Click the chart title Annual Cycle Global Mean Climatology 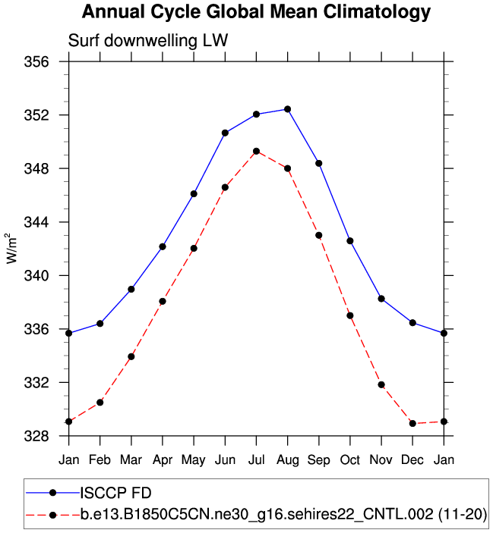pyautogui.click(x=256, y=13)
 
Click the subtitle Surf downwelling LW pyautogui.click(x=148, y=40)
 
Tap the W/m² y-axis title pyautogui.click(x=12, y=249)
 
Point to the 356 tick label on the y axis pyautogui.click(x=38, y=61)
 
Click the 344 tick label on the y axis pyautogui.click(x=38, y=222)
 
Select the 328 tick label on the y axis pyautogui.click(x=38, y=436)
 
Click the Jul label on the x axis pyautogui.click(x=256, y=459)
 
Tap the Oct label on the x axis pyautogui.click(x=350, y=459)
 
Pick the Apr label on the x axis pyautogui.click(x=162, y=459)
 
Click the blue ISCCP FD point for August pyautogui.click(x=287, y=109)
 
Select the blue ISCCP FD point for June pyautogui.click(x=225, y=133)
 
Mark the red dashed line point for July pyautogui.click(x=256, y=151)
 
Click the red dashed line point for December pyautogui.click(x=412, y=423)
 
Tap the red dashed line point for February pyautogui.click(x=100, y=402)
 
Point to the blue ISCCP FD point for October pyautogui.click(x=350, y=240)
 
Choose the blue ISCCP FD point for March pyautogui.click(x=131, y=289)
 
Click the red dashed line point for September pyautogui.click(x=319, y=235)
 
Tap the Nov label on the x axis pyautogui.click(x=381, y=459)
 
